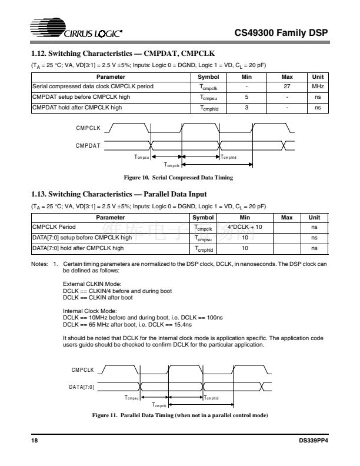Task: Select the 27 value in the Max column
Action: (286, 86)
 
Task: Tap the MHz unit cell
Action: (317, 86)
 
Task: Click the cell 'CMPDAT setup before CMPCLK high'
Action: (76, 97)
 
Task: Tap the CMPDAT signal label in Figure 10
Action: (88, 144)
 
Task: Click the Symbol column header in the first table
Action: (209, 77)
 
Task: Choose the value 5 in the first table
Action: (247, 97)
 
